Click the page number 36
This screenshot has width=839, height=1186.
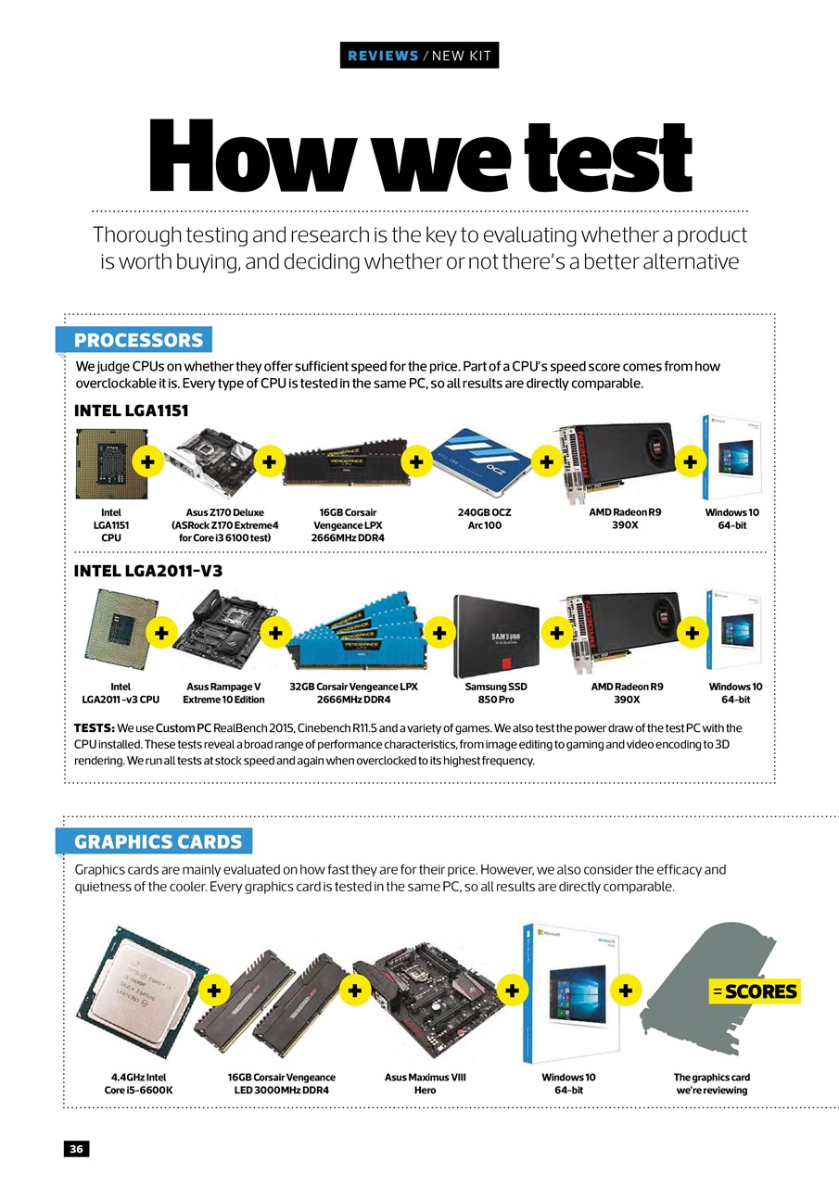[76, 1148]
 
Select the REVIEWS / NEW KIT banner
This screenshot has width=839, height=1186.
[419, 55]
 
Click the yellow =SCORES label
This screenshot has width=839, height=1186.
[755, 991]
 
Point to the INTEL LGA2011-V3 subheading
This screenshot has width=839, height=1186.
[148, 571]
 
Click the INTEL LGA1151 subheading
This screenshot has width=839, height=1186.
[132, 410]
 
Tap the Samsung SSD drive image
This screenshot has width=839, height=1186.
[496, 636]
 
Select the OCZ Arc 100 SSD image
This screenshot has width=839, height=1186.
[481, 461]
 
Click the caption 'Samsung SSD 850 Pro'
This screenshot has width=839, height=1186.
[496, 692]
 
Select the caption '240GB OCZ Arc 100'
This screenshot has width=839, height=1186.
[484, 519]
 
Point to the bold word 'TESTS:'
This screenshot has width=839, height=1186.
[95, 728]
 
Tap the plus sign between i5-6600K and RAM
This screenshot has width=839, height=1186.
[214, 990]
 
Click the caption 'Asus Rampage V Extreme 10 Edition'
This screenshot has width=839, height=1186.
[223, 692]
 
